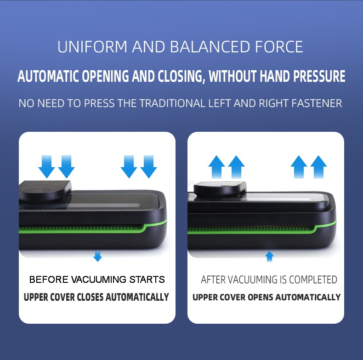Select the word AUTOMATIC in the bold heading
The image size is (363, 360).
point(48,76)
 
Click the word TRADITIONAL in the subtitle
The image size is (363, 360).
point(170,103)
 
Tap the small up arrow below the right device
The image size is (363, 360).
point(269,256)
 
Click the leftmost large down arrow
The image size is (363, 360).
point(46,166)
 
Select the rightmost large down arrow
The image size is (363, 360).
point(148,166)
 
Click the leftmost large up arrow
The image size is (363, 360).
point(216,166)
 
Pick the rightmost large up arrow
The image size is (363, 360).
point(318,166)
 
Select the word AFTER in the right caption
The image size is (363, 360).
point(214,280)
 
